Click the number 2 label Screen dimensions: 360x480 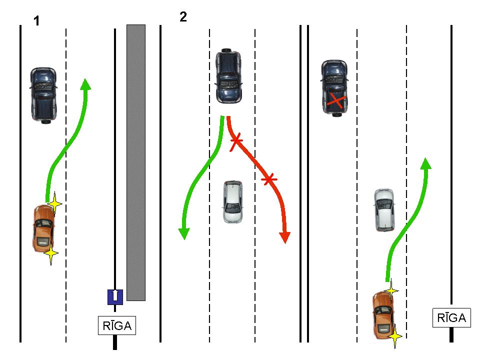(183, 17)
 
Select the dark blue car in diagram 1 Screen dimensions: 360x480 (43, 94)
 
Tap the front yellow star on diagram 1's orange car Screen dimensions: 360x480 (54, 203)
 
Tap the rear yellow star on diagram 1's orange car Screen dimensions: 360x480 (50, 253)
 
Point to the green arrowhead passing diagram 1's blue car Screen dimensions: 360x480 (86, 84)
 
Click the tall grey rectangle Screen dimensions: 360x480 (136, 162)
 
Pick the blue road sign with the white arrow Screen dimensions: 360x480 (115, 296)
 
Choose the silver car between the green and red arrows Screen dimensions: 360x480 (233, 201)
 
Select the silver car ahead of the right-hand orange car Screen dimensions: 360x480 (384, 210)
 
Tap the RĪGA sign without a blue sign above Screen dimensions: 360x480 (451, 317)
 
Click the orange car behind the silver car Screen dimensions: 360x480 (383, 315)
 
